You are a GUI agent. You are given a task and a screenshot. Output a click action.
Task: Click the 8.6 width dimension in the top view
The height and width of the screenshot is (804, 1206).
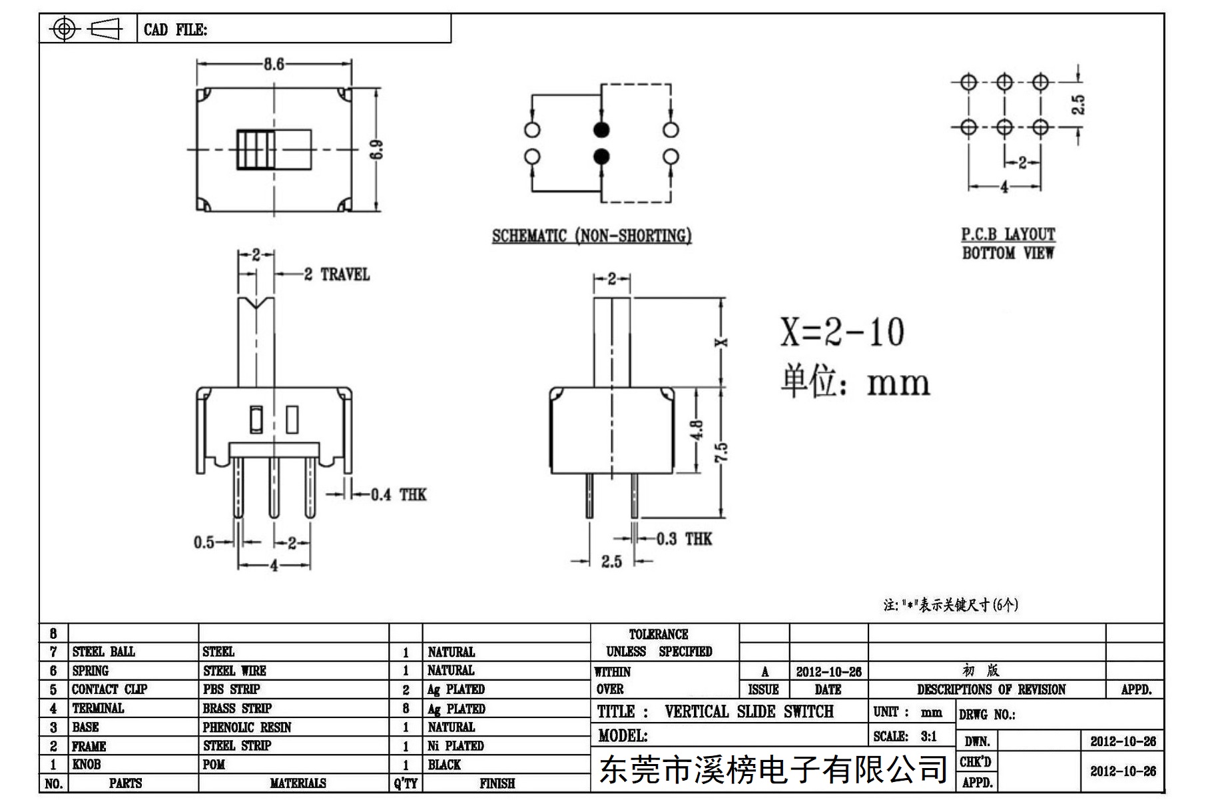point(274,64)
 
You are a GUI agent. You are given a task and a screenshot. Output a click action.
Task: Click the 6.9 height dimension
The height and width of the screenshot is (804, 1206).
point(376,149)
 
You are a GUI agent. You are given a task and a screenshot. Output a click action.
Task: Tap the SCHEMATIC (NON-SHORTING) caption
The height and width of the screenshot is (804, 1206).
point(591,236)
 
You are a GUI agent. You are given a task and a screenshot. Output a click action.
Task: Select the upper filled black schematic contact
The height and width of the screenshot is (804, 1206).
point(601,129)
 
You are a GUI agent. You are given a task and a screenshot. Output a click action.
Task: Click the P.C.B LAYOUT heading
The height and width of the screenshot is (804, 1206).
point(1008,234)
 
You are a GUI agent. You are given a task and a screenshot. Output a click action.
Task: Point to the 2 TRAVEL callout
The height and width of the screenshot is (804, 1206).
point(336,274)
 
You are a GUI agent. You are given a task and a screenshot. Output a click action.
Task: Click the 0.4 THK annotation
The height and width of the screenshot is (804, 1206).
point(398,494)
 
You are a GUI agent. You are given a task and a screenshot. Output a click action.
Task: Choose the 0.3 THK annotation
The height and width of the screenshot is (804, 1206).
point(684,539)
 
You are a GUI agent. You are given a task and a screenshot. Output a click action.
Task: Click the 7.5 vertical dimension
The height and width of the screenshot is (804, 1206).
point(722,452)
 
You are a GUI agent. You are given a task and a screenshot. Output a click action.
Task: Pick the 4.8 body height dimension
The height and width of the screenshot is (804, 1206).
point(697,430)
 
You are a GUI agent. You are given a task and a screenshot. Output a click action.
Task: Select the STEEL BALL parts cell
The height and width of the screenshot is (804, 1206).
point(103,651)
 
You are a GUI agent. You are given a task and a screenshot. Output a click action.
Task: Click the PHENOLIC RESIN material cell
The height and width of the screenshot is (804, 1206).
point(247,727)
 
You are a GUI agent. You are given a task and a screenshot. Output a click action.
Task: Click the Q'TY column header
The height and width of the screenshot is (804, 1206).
point(406,783)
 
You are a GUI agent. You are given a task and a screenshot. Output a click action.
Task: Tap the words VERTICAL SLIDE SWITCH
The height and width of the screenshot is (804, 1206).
point(749,711)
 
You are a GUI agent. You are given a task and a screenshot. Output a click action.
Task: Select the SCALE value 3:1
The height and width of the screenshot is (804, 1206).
point(928,736)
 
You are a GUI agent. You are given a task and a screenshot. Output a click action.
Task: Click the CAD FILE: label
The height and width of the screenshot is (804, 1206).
point(175,30)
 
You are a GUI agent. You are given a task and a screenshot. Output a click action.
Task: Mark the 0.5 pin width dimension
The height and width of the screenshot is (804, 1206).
point(204,542)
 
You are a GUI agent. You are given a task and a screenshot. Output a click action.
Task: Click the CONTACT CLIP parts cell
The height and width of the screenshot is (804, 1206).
point(109,689)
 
